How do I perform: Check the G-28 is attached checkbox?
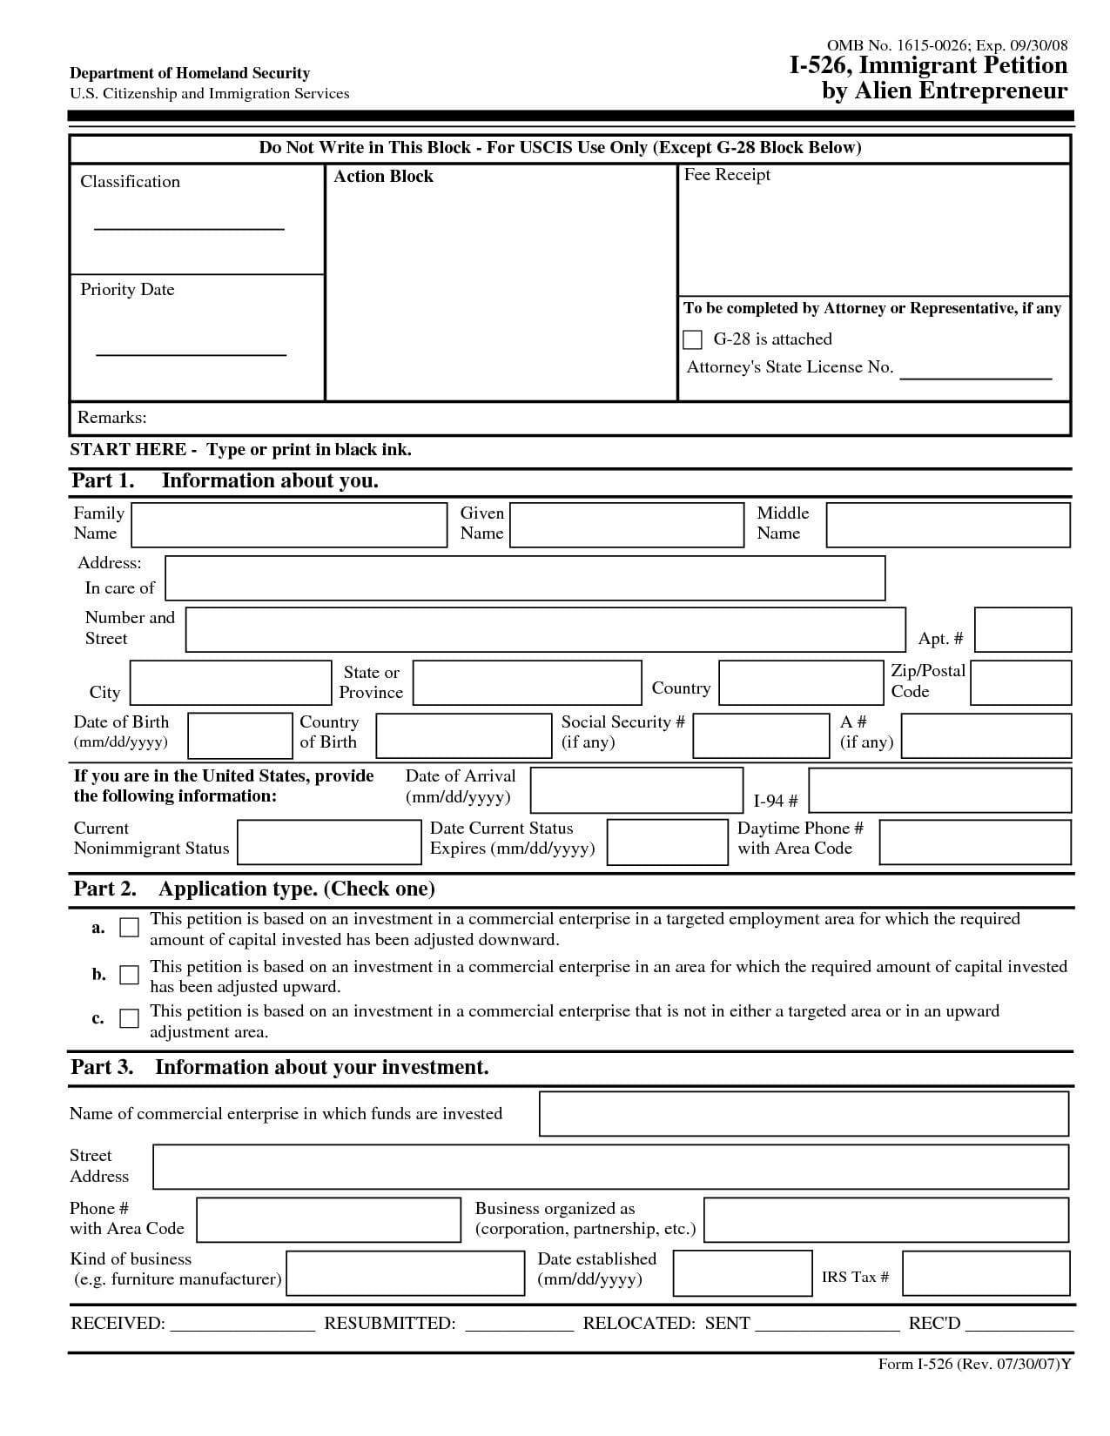point(693,339)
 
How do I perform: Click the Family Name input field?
point(289,525)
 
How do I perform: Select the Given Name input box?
point(627,525)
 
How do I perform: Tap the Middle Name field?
point(947,525)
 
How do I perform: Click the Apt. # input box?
point(1022,630)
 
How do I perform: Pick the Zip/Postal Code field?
point(1019,682)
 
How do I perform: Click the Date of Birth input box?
point(240,735)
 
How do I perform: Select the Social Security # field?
point(761,735)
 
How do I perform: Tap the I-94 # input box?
point(939,790)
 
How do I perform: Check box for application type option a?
point(129,928)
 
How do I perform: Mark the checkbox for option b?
point(129,975)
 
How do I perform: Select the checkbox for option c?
point(129,1018)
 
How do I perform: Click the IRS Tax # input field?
point(986,1274)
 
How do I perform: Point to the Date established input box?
point(742,1274)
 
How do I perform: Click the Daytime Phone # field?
point(974,842)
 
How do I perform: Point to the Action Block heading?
point(383,177)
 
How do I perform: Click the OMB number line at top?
point(946,45)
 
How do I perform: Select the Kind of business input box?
point(405,1274)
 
